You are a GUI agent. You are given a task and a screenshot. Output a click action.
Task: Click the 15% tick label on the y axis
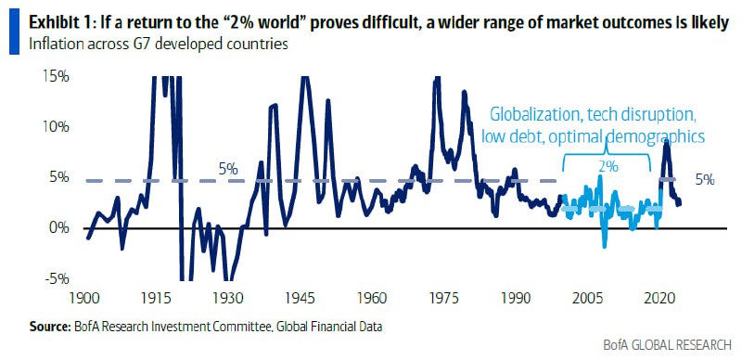point(56,77)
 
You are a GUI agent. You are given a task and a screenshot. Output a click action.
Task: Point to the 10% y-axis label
point(56,127)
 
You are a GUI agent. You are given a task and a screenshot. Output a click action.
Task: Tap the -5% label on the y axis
point(56,278)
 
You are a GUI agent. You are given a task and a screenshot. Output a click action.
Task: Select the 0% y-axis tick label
point(59,228)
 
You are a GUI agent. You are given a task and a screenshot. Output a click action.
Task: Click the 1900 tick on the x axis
point(84,299)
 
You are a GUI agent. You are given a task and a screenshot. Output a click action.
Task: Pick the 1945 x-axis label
point(301,299)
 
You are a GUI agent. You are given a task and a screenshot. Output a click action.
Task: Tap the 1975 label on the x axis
point(446,299)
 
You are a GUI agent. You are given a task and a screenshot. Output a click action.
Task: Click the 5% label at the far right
point(705,180)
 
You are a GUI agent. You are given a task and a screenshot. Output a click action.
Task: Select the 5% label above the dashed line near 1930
point(228,169)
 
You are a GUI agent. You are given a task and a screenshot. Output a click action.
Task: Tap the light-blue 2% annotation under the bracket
point(608,167)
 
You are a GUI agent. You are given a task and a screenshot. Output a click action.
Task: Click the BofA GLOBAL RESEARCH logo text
point(667,345)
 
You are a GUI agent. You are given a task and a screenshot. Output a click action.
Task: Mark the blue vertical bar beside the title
point(14,31)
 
